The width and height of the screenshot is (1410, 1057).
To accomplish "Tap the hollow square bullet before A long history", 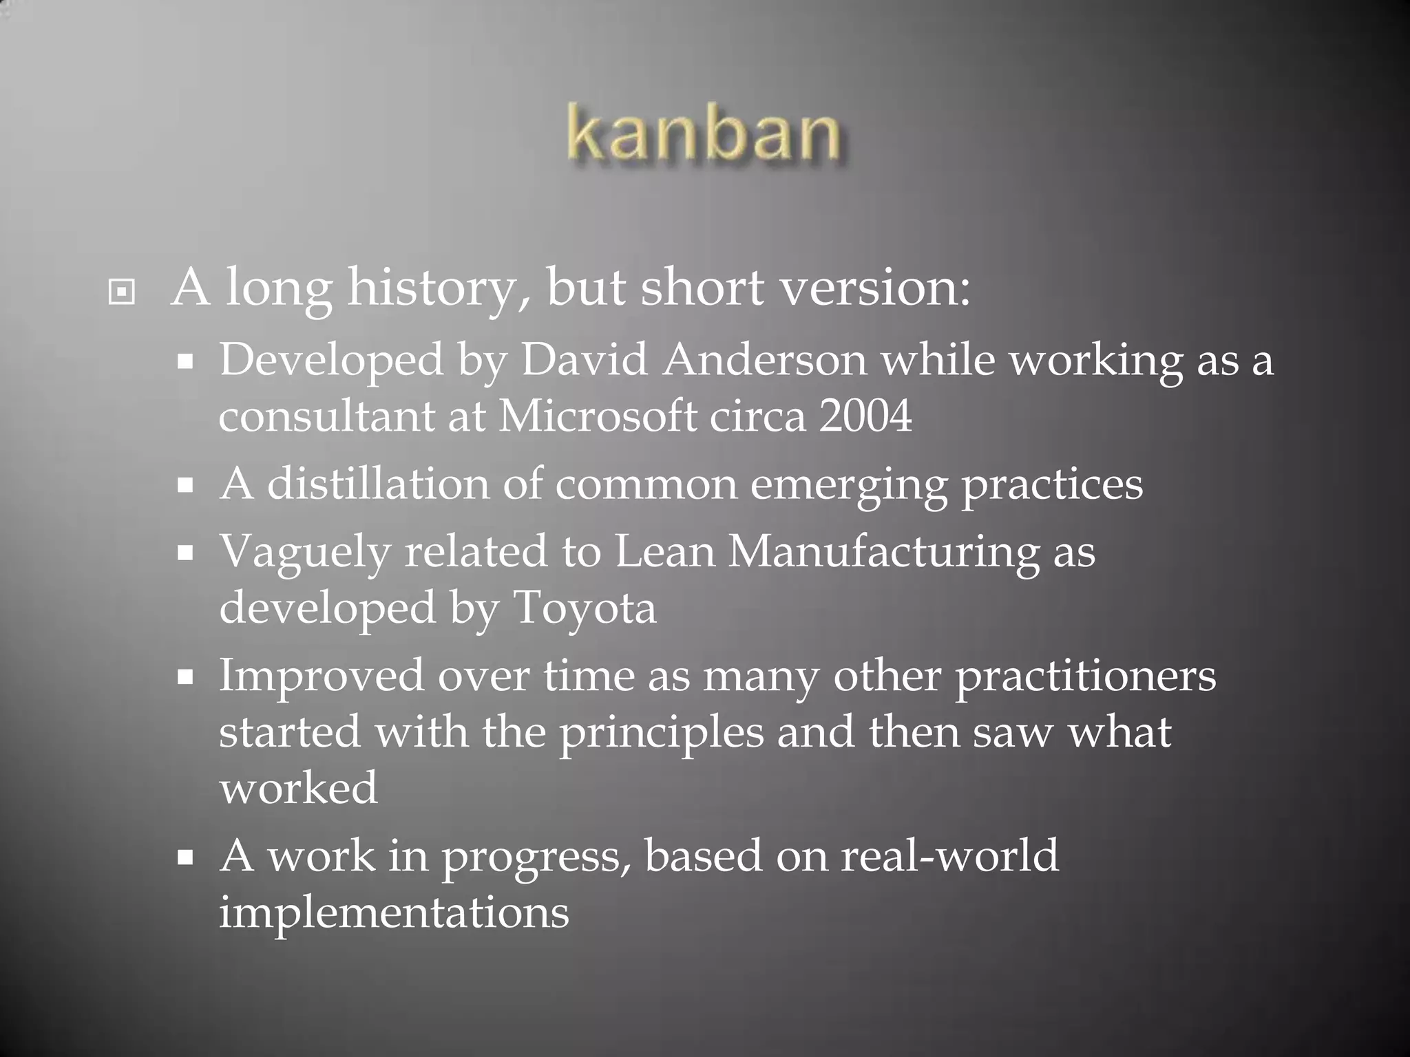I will coord(122,293).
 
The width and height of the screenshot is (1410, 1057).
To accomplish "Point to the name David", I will coord(584,359).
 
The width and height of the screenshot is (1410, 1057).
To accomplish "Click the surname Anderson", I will coord(764,359).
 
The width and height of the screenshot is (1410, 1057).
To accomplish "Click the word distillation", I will coord(378,483).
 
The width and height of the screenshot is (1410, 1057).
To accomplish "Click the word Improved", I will coord(322,676).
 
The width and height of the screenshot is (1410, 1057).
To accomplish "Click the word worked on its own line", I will coord(299,788).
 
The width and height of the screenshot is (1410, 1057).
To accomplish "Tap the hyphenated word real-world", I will coord(949,855).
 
